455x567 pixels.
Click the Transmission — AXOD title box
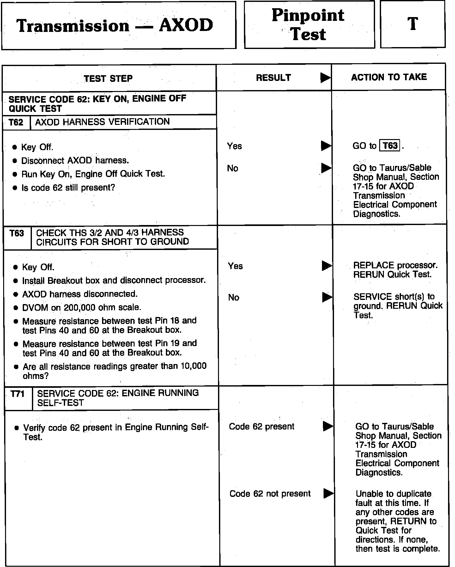118,25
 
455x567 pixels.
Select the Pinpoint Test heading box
309,25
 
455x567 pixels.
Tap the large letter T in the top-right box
412,24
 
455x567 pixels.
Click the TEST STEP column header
108,78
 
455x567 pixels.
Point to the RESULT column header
273,78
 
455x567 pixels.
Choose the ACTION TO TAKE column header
389,77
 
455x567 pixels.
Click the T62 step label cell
16,122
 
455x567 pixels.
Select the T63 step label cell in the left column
17,234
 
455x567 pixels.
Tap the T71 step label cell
18,394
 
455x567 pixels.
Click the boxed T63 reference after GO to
390,146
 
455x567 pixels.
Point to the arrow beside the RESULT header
325,78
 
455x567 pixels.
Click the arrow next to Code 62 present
328,426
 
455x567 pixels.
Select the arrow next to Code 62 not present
329,493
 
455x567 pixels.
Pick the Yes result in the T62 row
234,146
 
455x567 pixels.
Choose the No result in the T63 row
234,297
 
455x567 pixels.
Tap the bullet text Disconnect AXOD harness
75,161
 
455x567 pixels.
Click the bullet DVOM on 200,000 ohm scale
82,307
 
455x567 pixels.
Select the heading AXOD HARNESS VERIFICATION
102,122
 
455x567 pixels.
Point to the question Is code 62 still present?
68,187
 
